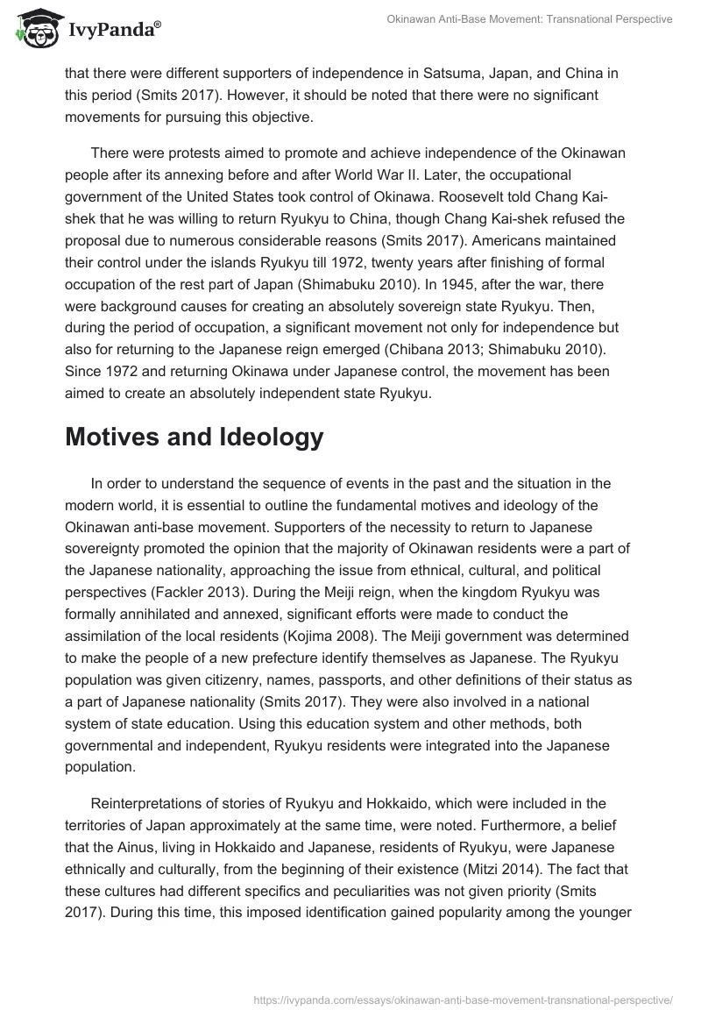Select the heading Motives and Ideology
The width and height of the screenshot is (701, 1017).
[x=194, y=437]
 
